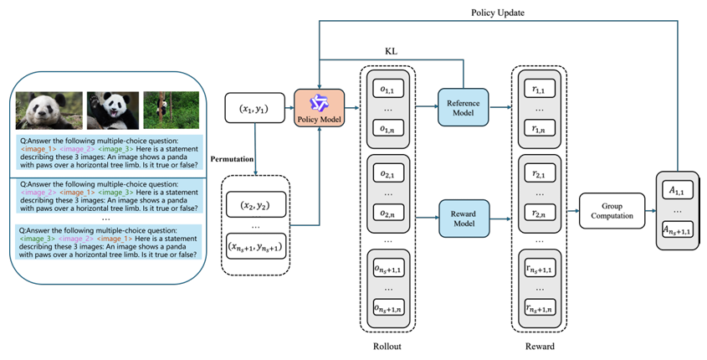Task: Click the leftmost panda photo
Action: pos(49,110)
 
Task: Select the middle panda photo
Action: pos(112,110)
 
